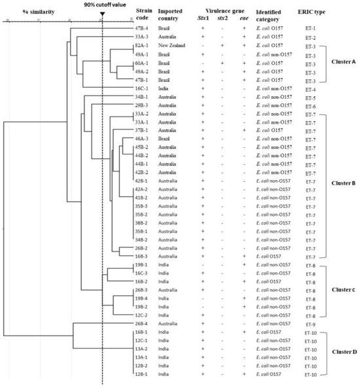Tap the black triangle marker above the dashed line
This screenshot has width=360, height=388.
click(x=102, y=14)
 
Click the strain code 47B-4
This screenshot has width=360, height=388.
click(x=144, y=30)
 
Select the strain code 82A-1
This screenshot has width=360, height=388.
click(x=144, y=46)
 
